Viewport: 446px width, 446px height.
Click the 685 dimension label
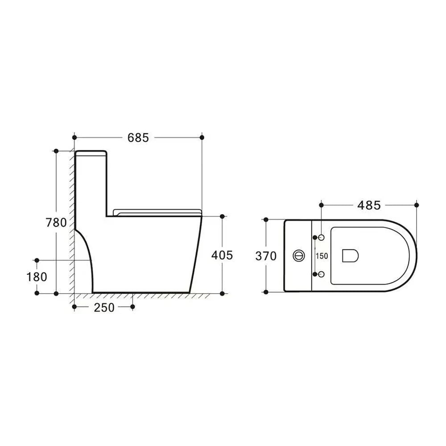(138, 138)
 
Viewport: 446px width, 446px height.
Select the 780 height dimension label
(56, 223)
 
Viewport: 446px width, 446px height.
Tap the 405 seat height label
(222, 255)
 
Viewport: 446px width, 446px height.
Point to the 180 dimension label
(37, 277)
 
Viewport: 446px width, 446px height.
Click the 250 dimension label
(104, 307)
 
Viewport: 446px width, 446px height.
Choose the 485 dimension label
(369, 205)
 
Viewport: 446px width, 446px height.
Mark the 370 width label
(266, 256)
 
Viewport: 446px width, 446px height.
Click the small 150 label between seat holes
(322, 256)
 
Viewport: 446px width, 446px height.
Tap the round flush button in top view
(299, 256)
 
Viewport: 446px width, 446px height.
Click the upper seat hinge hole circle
(322, 237)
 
